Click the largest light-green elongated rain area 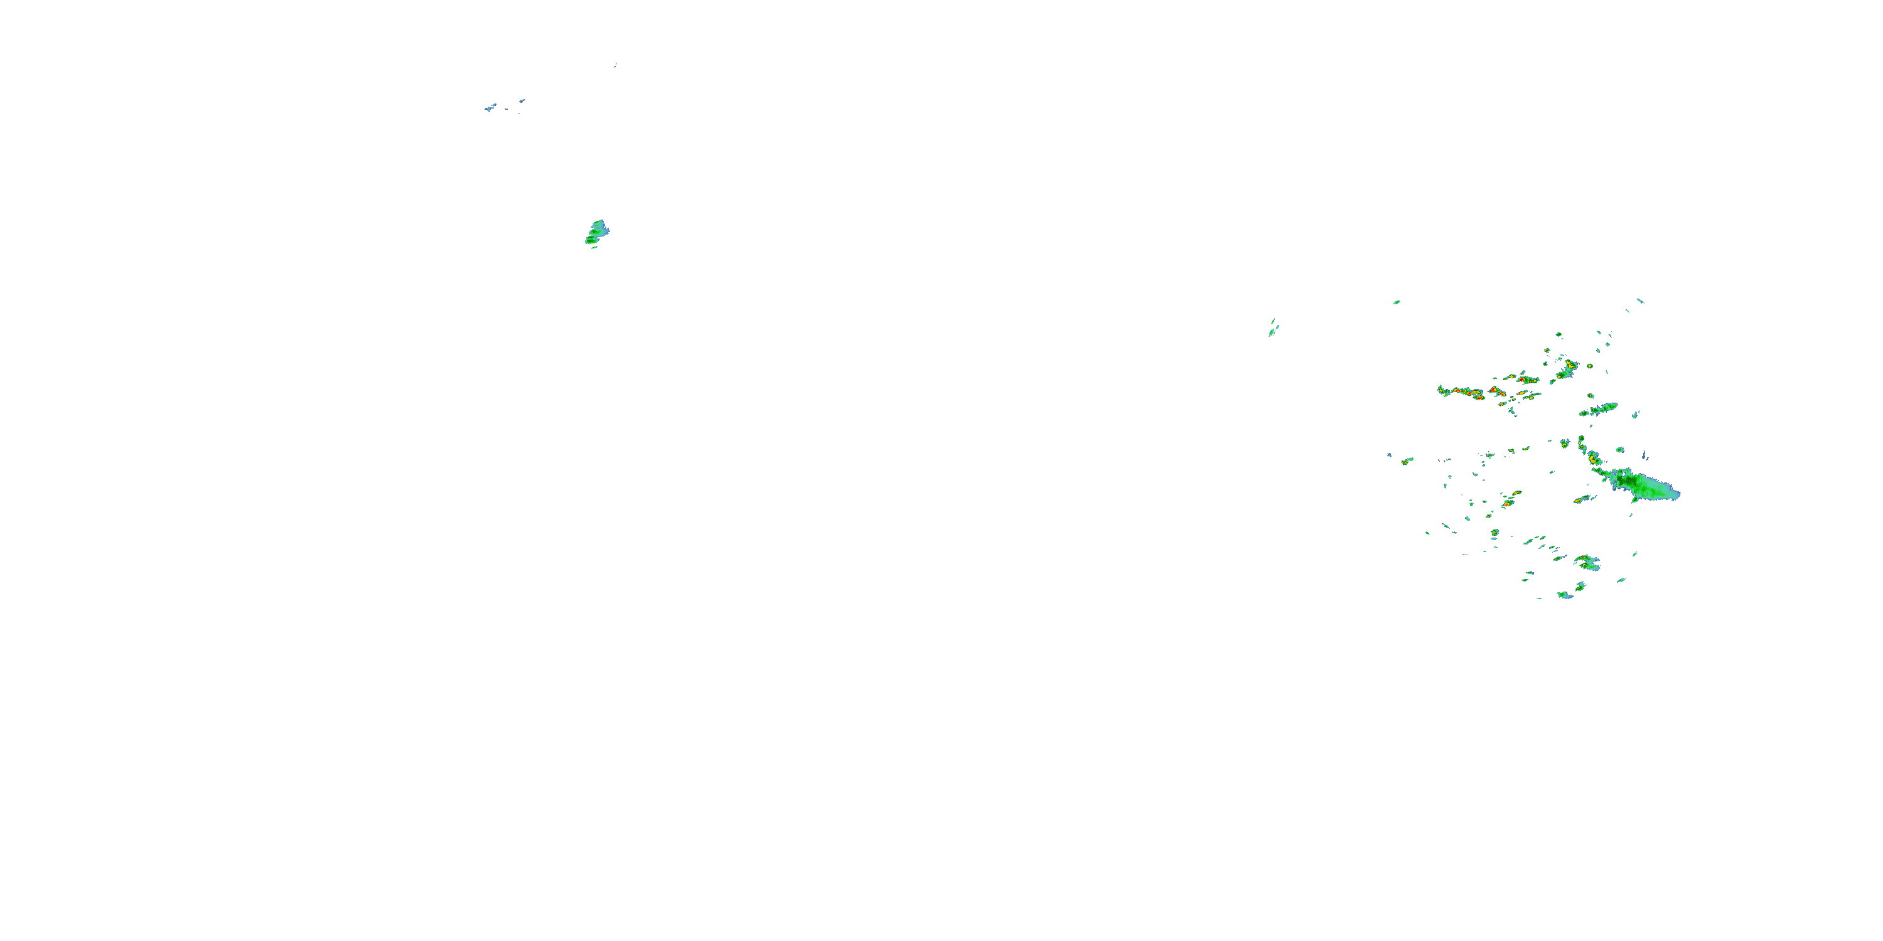pyautogui.click(x=1644, y=485)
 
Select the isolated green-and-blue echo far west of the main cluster pyautogui.click(x=596, y=231)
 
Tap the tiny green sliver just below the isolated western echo pyautogui.click(x=594, y=248)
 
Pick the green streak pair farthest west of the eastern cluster pyautogui.click(x=1274, y=328)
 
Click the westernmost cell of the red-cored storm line pyautogui.click(x=1444, y=391)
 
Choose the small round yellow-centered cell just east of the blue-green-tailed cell pyautogui.click(x=1589, y=366)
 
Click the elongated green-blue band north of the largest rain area pyautogui.click(x=1599, y=409)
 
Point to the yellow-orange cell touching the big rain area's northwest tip pyautogui.click(x=1594, y=459)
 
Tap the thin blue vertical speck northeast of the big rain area pyautogui.click(x=1644, y=455)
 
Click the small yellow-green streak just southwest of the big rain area pyautogui.click(x=1582, y=500)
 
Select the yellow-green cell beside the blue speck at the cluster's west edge pyautogui.click(x=1407, y=460)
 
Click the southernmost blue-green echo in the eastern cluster pyautogui.click(x=1566, y=595)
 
